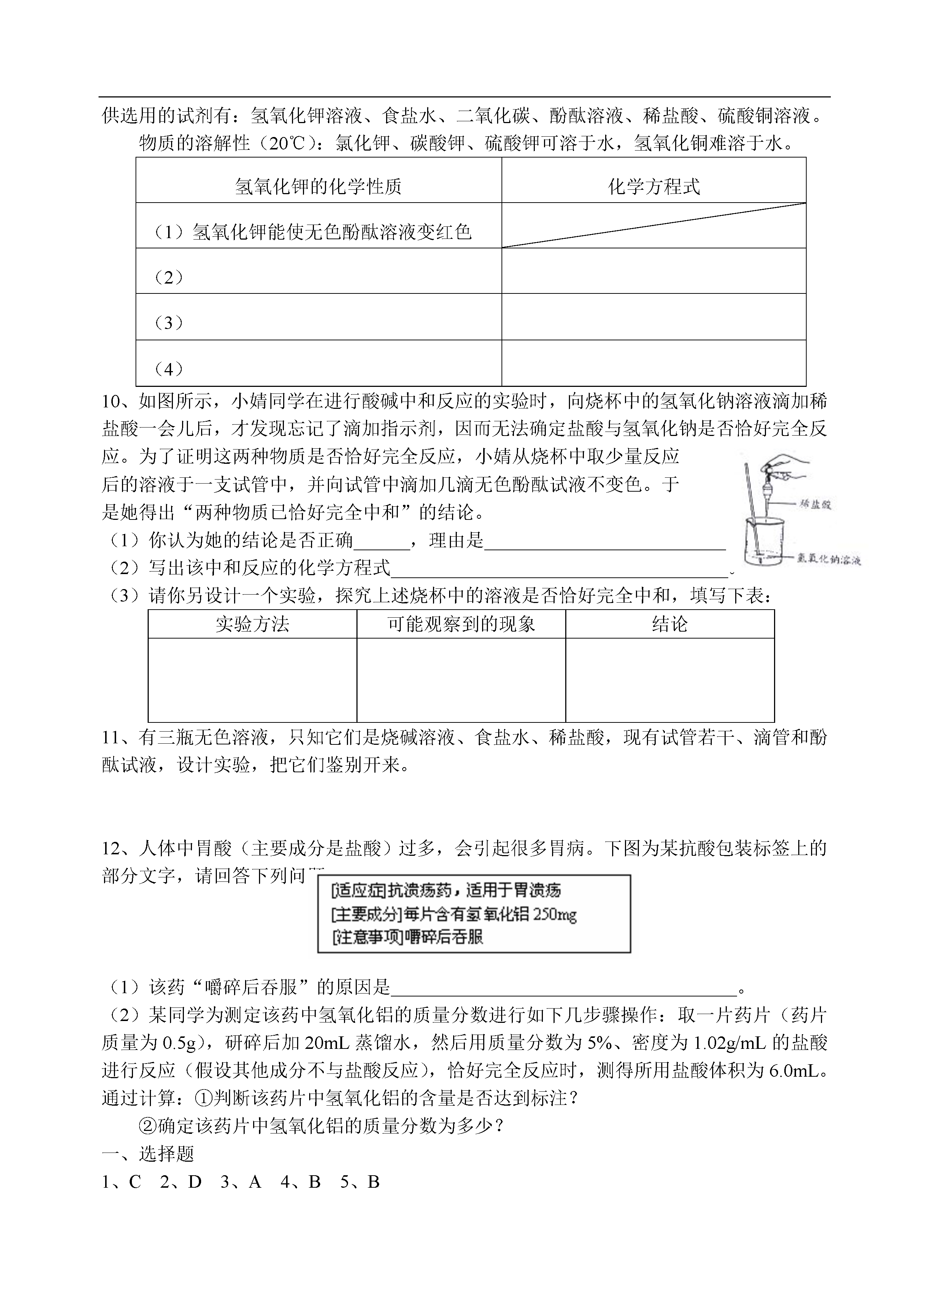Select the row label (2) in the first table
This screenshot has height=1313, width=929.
pyautogui.click(x=169, y=277)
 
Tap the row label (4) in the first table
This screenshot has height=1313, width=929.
pyautogui.click(x=169, y=369)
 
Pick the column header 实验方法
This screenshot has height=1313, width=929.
pyautogui.click(x=252, y=624)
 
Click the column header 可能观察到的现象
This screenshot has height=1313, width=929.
pyautogui.click(x=461, y=624)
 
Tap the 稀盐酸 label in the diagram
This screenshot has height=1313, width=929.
pyautogui.click(x=815, y=504)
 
